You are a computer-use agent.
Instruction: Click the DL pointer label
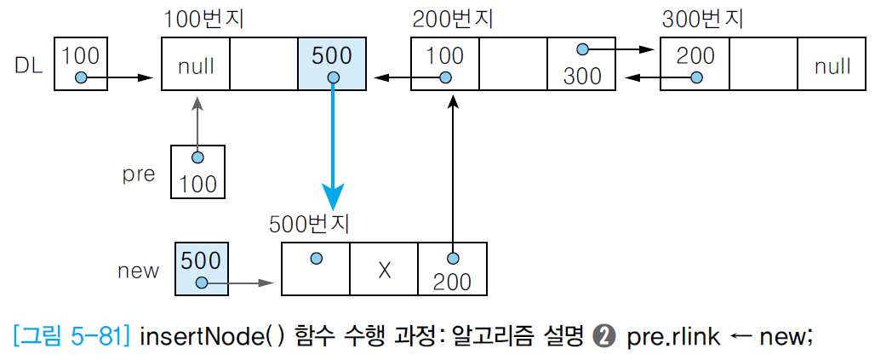[x=28, y=65]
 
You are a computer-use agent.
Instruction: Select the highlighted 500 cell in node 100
[x=332, y=64]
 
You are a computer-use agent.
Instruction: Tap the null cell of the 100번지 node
[x=196, y=65]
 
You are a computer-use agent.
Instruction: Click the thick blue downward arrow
[x=333, y=145]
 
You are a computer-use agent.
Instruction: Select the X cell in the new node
[x=384, y=269]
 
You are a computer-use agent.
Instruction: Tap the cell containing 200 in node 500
[x=452, y=269]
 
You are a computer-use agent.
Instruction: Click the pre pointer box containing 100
[x=197, y=172]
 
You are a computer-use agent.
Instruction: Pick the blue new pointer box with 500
[x=202, y=269]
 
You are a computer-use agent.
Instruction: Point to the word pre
[x=139, y=174]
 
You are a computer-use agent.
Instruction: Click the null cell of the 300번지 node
[x=832, y=65]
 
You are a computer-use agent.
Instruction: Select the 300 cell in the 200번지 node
[x=582, y=65]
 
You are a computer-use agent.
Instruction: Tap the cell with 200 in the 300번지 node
[x=695, y=65]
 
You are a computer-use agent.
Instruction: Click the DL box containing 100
[x=81, y=65]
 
